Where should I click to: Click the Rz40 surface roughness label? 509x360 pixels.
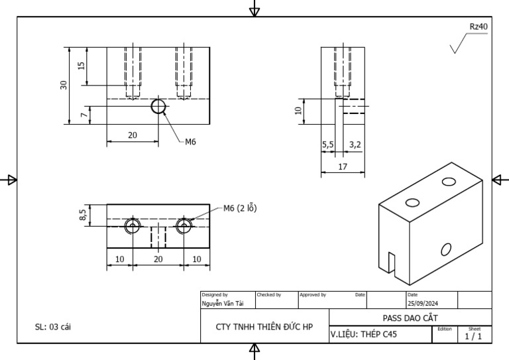(x=479, y=27)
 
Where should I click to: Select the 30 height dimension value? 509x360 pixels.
(x=64, y=85)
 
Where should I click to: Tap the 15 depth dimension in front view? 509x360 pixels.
(x=82, y=66)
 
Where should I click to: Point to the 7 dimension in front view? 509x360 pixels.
(x=83, y=115)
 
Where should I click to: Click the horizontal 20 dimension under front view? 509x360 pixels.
(x=133, y=135)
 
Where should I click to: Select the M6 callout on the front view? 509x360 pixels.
(x=190, y=141)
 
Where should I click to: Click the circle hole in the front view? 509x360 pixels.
(x=158, y=107)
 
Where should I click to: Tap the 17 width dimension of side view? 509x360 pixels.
(x=343, y=167)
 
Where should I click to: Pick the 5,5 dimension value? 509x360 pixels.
(x=328, y=144)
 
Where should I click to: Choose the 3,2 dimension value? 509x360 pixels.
(x=355, y=144)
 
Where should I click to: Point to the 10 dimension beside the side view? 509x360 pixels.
(x=299, y=111)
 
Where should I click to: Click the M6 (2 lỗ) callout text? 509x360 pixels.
(x=239, y=208)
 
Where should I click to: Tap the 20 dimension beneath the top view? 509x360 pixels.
(x=158, y=259)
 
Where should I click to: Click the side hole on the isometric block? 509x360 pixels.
(x=446, y=249)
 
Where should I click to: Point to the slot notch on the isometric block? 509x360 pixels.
(x=392, y=261)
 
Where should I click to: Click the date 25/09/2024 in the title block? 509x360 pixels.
(x=424, y=303)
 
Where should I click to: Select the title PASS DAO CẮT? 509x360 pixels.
(x=410, y=318)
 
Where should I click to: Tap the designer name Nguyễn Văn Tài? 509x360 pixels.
(x=223, y=303)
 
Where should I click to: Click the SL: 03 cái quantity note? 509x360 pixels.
(x=52, y=328)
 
